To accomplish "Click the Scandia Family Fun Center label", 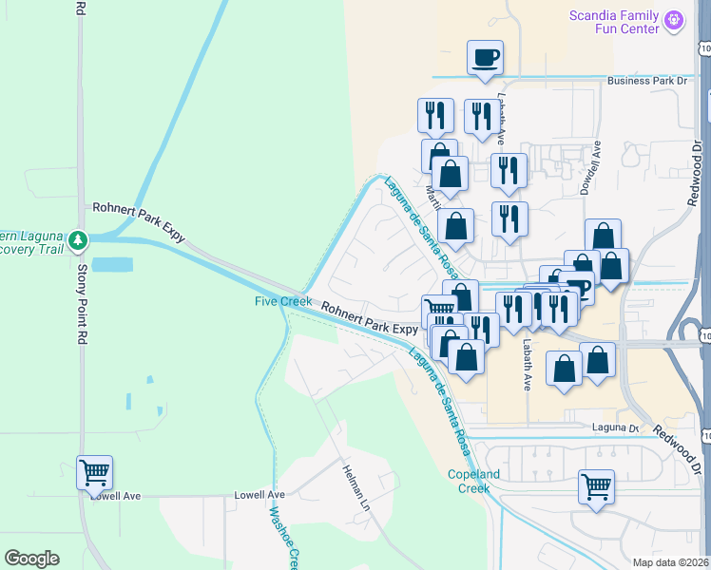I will click(x=614, y=22).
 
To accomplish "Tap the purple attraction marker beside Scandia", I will click(x=675, y=19).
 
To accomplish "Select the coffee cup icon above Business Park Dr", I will click(x=485, y=57).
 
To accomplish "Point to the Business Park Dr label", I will click(x=646, y=82).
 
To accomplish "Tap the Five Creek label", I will click(x=282, y=302).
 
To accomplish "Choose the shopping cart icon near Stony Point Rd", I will click(x=95, y=471).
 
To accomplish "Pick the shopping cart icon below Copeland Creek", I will click(x=597, y=486).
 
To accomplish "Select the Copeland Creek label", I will click(x=469, y=481).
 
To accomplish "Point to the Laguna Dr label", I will click(x=616, y=427).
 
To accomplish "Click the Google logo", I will click(x=31, y=559).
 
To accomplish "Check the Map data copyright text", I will click(x=671, y=562).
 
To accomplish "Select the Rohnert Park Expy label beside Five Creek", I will click(x=369, y=317).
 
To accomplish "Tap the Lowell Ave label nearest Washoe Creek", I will click(x=259, y=495).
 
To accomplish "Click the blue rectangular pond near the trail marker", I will click(x=112, y=264).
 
